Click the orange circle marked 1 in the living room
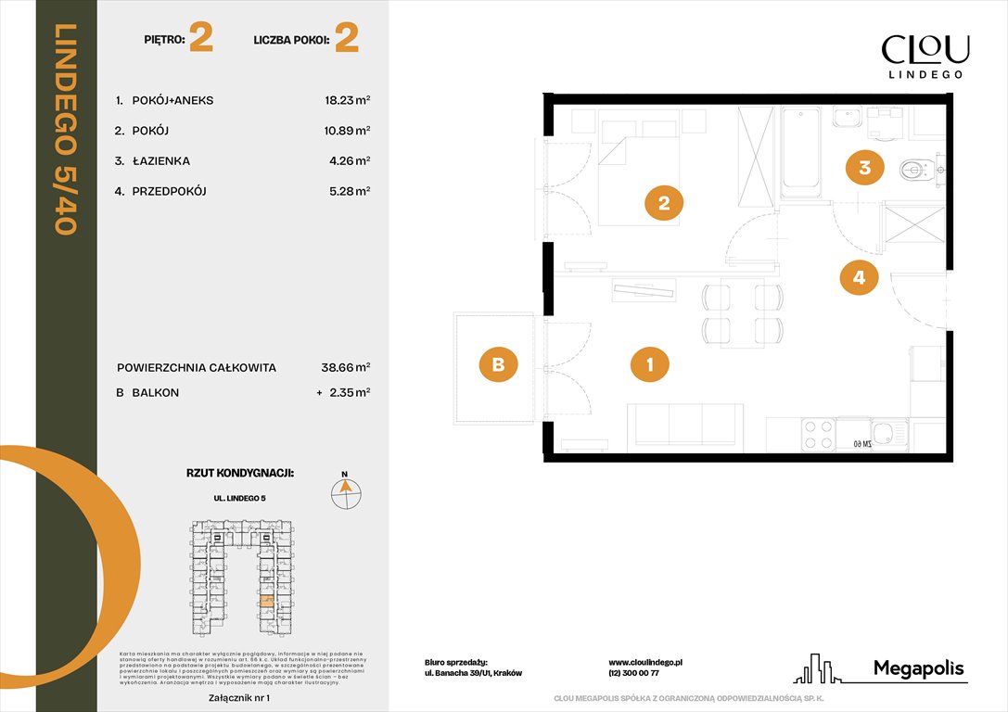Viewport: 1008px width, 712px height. [650, 365]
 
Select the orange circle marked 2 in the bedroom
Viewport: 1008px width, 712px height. [664, 203]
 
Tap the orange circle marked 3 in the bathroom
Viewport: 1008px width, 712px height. [864, 168]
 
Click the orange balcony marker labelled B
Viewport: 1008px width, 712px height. [498, 365]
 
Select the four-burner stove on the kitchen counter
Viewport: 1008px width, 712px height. [816, 435]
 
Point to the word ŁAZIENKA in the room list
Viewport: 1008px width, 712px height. [160, 161]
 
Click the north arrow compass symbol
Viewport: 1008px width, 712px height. [346, 491]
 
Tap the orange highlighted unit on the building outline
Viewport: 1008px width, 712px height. [266, 602]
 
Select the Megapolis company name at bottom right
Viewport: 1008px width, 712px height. [918, 667]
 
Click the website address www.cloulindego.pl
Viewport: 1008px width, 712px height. [645, 662]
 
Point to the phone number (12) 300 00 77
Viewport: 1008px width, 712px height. [633, 674]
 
